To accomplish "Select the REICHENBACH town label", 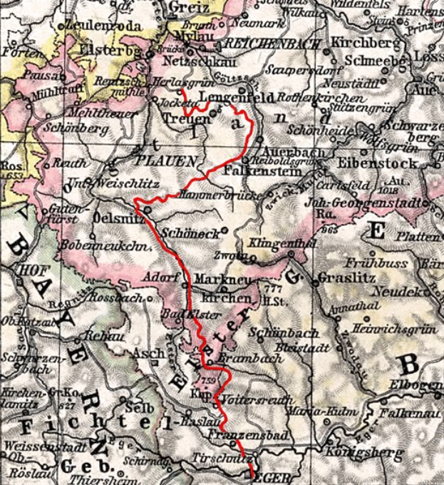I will pos(265,44).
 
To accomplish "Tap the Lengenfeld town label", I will pos(232,96).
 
